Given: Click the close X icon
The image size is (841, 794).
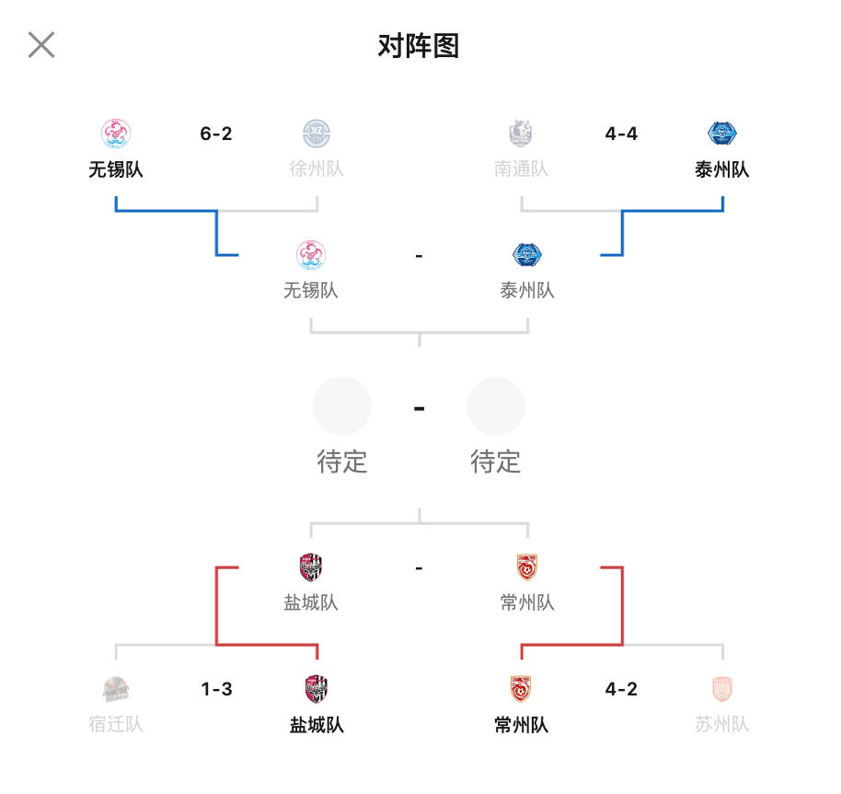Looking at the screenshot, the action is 41,44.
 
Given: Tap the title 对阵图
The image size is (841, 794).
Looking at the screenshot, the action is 419,46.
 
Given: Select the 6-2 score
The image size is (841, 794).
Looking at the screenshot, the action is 216,134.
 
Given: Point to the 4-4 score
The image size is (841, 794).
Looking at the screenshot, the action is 621,134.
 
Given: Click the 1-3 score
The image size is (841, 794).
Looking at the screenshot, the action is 216,689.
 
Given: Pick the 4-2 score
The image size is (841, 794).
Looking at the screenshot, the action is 621,689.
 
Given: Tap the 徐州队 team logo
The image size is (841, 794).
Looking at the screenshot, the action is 317,134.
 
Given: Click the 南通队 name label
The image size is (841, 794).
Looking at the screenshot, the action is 522,169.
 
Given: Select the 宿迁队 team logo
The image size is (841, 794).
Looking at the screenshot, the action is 116,689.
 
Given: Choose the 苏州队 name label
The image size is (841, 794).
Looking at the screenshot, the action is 722,724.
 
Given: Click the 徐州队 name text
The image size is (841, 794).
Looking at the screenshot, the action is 317,169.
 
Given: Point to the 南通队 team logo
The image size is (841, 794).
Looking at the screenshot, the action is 521,134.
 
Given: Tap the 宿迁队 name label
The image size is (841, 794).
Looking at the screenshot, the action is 116,724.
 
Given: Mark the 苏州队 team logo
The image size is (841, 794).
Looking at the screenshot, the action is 722,689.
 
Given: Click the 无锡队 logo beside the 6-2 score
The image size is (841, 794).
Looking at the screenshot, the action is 116,134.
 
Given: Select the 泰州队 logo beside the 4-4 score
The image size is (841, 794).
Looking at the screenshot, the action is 722,134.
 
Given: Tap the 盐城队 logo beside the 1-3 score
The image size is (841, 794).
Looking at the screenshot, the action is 317,689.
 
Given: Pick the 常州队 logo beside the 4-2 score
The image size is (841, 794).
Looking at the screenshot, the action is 521,689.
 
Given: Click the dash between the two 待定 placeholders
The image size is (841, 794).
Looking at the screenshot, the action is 420,409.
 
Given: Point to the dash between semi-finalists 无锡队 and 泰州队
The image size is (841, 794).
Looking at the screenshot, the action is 419,256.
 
